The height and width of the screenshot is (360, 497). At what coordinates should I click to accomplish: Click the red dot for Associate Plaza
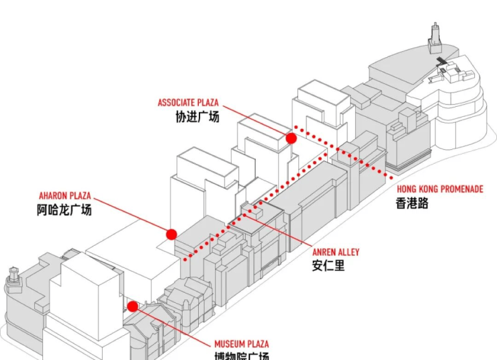point(291,138)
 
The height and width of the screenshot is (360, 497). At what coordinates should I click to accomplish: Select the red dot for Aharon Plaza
point(171,234)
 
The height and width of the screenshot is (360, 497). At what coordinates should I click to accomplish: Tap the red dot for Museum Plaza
point(133,306)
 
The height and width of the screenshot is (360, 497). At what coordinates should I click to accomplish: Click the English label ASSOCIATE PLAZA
point(188,103)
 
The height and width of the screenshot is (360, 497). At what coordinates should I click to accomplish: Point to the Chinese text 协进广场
point(197,116)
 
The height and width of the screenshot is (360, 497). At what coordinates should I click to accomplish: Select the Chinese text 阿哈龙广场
point(64,210)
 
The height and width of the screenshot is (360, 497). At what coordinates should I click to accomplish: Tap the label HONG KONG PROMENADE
point(439,189)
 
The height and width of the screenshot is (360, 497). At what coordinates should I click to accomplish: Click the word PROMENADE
point(461,189)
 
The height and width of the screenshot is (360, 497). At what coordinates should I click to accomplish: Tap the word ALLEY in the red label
point(349,253)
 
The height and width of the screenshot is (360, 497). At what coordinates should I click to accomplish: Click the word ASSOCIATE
point(177,103)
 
